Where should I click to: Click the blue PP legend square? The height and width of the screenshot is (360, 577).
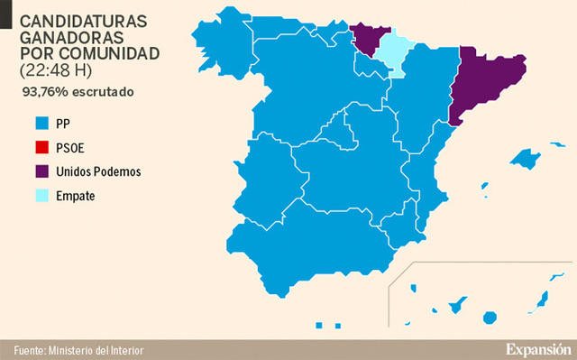pyautogui.click(x=41, y=122)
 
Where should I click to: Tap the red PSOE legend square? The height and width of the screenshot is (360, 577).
pyautogui.click(x=41, y=146)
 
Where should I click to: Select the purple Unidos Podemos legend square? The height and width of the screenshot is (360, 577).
pyautogui.click(x=41, y=171)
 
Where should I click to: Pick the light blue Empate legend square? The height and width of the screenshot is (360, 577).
pyautogui.click(x=41, y=195)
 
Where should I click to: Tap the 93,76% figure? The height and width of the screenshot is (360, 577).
pyautogui.click(x=44, y=91)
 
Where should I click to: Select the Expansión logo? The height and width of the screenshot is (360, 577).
pyautogui.click(x=537, y=349)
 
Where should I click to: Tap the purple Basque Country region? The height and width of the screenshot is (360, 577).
pyautogui.click(x=366, y=37)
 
